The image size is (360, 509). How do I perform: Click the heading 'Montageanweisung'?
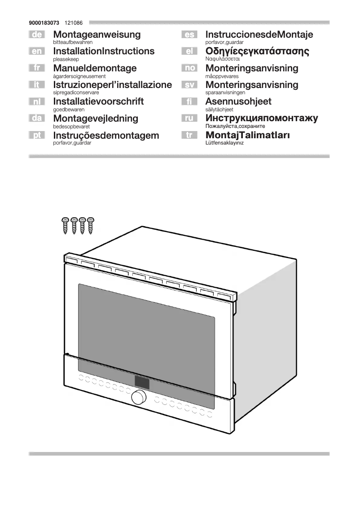coord(97,35)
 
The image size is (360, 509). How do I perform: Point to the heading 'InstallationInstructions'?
coord(104,51)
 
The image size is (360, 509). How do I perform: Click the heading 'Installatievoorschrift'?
coord(98,101)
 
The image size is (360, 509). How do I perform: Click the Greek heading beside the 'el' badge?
coord(257,51)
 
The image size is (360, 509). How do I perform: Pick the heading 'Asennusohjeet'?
coord(238,101)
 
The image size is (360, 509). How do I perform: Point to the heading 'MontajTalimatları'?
coord(247,135)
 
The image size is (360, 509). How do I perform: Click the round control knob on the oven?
coord(139,397)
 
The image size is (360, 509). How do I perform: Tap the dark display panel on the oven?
coord(142,382)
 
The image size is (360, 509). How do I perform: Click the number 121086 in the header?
coord(73,22)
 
